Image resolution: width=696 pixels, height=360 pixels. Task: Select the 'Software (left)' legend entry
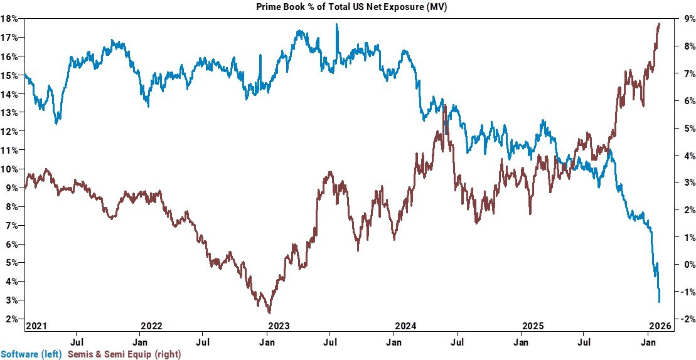point(31,354)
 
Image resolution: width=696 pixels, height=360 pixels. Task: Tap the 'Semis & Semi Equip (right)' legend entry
point(122,354)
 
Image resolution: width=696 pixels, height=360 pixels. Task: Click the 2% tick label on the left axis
point(11,319)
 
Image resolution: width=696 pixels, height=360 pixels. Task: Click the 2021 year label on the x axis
point(36,326)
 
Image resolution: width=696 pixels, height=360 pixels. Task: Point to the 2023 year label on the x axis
point(279,326)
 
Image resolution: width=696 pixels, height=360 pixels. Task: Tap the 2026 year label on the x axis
point(660,326)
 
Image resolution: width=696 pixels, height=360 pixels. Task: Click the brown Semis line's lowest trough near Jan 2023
point(269,312)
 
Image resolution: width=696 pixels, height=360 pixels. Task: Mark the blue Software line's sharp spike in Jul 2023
point(337,24)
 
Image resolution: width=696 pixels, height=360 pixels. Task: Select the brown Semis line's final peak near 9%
point(659,23)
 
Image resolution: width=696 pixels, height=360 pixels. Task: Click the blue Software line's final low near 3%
point(659,302)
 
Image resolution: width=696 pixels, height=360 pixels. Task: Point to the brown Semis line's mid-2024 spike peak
point(445,106)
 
